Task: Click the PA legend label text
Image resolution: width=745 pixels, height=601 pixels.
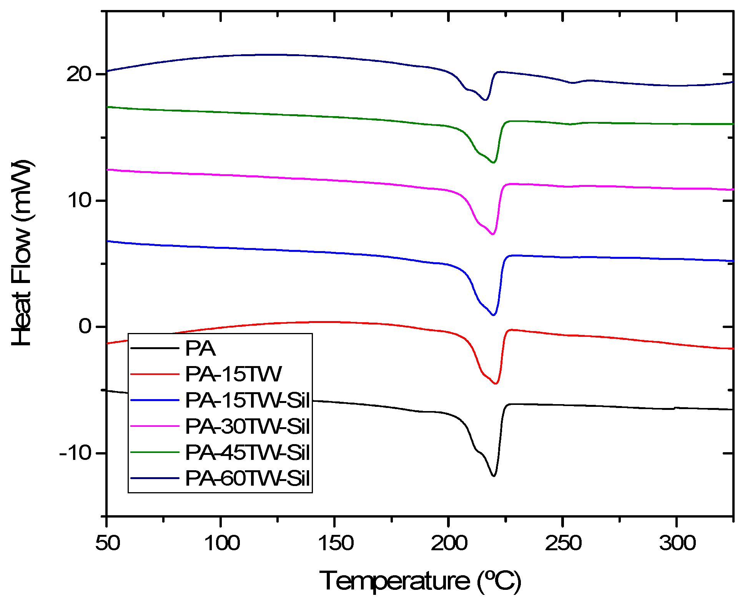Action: click(x=200, y=348)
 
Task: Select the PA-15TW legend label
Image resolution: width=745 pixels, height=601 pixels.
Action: click(x=233, y=374)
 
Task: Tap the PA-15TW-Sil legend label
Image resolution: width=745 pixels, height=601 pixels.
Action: click(x=247, y=400)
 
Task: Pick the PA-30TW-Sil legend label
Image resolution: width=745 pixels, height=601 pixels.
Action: click(x=247, y=426)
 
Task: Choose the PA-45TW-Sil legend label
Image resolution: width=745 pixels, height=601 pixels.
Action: click(x=247, y=452)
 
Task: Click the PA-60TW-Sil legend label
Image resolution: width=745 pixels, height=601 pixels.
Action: click(x=247, y=478)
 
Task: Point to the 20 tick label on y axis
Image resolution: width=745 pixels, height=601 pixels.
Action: click(x=79, y=74)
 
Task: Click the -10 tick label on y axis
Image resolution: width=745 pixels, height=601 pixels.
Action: click(x=75, y=453)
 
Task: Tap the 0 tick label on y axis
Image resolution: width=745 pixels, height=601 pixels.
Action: click(x=85, y=326)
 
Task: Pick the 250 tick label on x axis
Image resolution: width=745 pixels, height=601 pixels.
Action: click(x=563, y=543)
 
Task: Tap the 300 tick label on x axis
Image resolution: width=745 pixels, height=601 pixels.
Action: click(x=677, y=543)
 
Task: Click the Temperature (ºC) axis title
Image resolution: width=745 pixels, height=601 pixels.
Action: click(x=420, y=580)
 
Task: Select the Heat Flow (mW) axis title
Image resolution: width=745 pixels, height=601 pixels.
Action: click(x=22, y=252)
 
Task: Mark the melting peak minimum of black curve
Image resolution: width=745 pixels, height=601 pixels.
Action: click(x=494, y=476)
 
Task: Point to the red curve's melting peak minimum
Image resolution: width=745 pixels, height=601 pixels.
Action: click(x=496, y=384)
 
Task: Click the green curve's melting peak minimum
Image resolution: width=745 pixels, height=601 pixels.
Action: click(x=493, y=163)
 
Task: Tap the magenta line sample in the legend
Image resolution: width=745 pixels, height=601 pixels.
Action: click(x=155, y=426)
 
